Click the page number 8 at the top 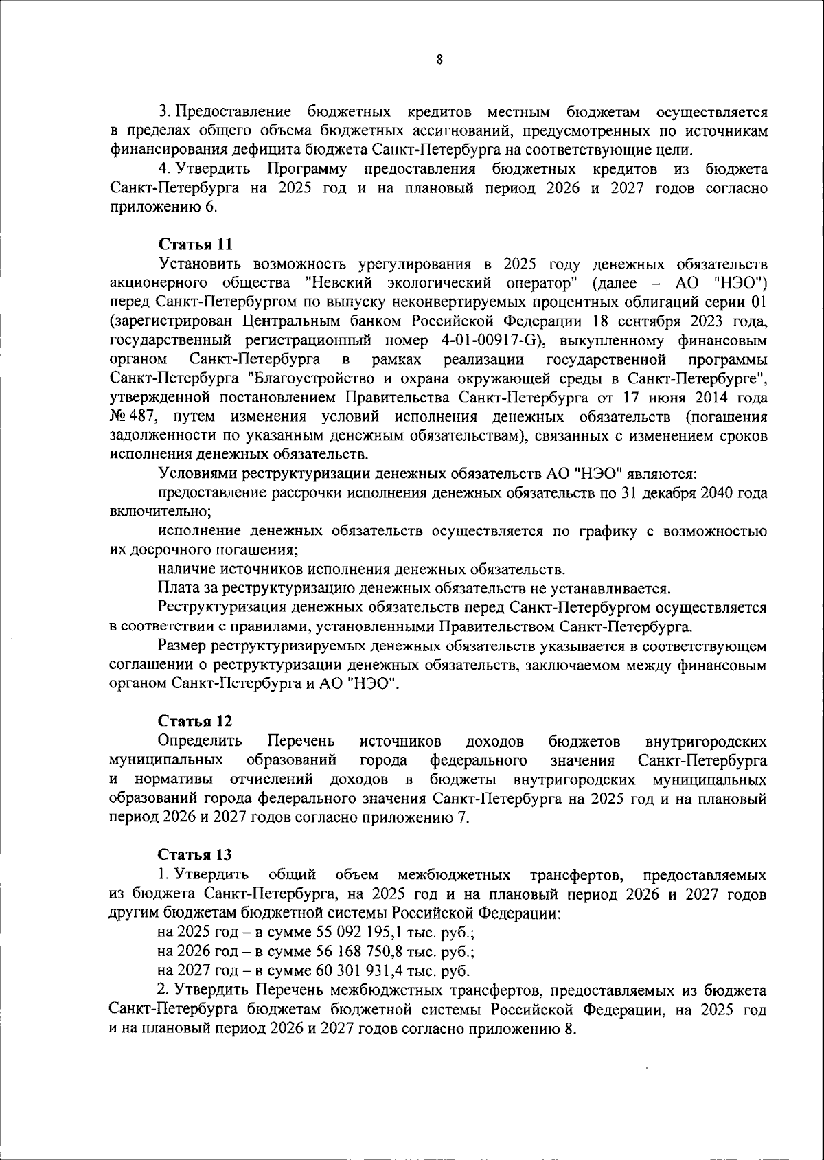(439, 60)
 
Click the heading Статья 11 (196, 244)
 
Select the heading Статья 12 (196, 721)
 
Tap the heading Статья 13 (196, 855)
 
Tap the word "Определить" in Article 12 (200, 742)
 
